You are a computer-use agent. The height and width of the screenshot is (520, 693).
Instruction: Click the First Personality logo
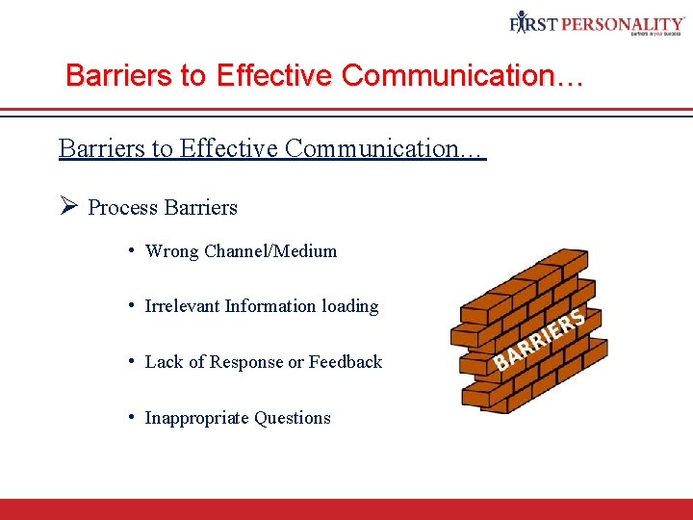(597, 23)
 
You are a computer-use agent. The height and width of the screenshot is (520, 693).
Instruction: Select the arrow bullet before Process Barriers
(67, 207)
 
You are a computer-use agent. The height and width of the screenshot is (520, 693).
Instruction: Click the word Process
(123, 208)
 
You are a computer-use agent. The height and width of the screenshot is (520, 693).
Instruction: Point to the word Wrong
(171, 251)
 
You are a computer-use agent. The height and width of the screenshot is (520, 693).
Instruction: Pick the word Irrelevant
(182, 306)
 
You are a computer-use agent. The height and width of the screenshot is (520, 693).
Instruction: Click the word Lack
(163, 362)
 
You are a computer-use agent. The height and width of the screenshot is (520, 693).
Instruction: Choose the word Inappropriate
(189, 418)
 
